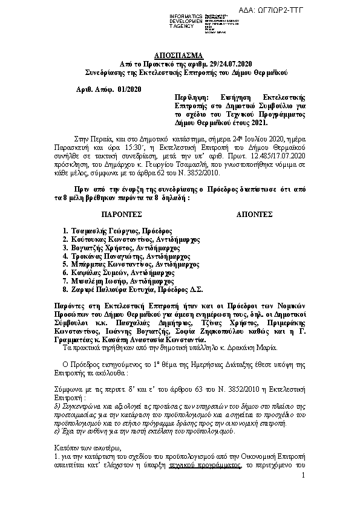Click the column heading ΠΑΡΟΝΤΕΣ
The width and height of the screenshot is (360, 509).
121,214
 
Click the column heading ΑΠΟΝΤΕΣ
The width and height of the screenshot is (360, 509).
252,214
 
